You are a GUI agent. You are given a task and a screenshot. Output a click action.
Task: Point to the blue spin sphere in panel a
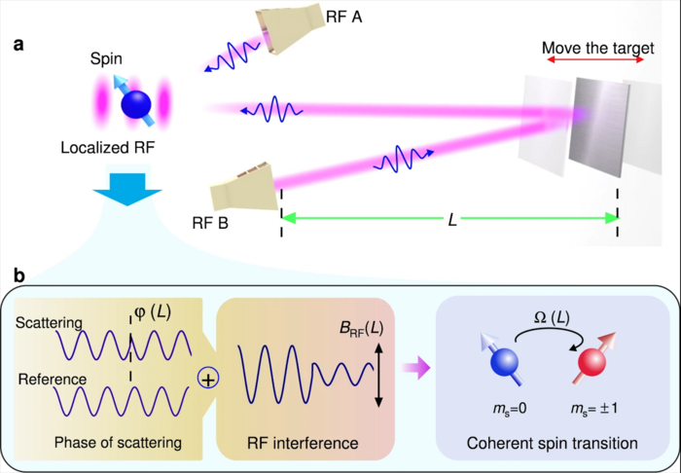pyautogui.click(x=134, y=102)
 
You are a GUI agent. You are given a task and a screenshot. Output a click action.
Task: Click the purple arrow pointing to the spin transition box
pyautogui.click(x=415, y=367)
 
